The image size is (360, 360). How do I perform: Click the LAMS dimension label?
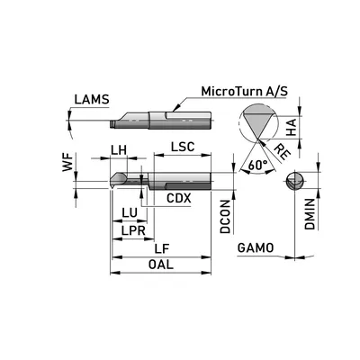tap(92, 99)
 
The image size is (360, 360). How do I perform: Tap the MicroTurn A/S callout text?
tap(245, 91)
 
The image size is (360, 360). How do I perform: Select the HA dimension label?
tap(291, 127)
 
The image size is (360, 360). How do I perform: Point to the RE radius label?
tap(283, 151)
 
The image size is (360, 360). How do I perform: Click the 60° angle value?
tap(258, 165)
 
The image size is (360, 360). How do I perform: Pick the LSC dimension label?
tap(183, 147)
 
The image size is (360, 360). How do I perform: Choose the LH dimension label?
tap(119, 150)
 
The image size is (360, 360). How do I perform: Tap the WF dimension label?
tap(67, 162)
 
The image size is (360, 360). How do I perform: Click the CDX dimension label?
tap(179, 198)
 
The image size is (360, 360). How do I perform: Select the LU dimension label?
tap(130, 213)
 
